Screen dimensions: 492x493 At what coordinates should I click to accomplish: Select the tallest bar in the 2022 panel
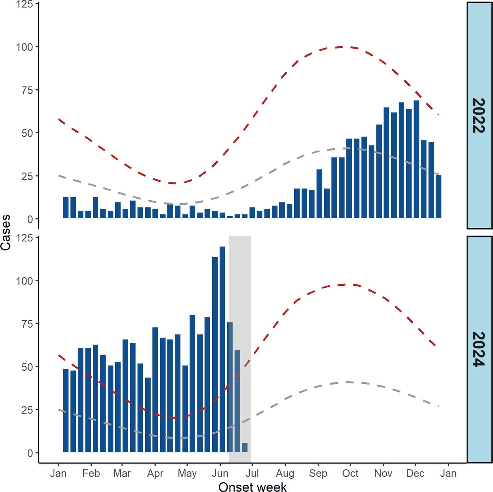tap(416, 159)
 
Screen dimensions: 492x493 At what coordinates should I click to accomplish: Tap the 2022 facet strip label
tap(479, 115)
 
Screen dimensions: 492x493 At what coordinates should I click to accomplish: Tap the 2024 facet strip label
tap(479, 349)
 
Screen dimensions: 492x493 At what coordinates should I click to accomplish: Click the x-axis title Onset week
tap(252, 487)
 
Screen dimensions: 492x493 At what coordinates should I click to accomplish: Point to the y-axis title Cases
tap(6, 233)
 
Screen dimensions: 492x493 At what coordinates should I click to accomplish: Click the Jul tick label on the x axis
tap(252, 473)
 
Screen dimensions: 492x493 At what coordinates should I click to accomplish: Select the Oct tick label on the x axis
tap(350, 473)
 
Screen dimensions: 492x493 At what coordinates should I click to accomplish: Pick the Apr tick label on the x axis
tap(155, 473)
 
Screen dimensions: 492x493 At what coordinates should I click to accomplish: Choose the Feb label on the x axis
tap(91, 473)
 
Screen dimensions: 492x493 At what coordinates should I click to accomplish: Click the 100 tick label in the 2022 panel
tap(24, 47)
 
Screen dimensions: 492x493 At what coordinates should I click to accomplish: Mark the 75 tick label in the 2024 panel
tap(27, 324)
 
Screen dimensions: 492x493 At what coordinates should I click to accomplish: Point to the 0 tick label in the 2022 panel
tap(30, 219)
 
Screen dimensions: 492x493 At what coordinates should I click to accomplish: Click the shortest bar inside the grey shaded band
tap(245, 447)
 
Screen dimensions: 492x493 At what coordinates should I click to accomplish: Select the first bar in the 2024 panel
tap(65, 410)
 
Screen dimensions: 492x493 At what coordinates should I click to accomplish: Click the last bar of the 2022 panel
tap(439, 196)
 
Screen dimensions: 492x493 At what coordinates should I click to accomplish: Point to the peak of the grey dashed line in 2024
tap(348, 382)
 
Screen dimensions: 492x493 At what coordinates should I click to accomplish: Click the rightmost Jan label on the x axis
tap(448, 473)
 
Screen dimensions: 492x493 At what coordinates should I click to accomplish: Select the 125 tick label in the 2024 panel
tap(24, 238)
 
